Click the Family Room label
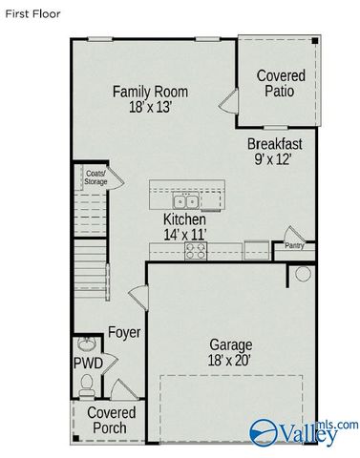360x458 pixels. (x=150, y=92)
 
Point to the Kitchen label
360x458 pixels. (x=184, y=219)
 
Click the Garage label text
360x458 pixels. (x=231, y=344)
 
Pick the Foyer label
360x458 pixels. (x=124, y=333)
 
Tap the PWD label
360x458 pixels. (x=88, y=364)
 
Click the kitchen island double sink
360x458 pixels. (x=186, y=201)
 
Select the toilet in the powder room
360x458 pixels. (x=87, y=385)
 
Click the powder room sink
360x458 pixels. (x=87, y=343)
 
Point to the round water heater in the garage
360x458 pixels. (x=302, y=273)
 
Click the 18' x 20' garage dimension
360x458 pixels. (x=231, y=361)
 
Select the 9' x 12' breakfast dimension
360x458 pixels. (x=275, y=160)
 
